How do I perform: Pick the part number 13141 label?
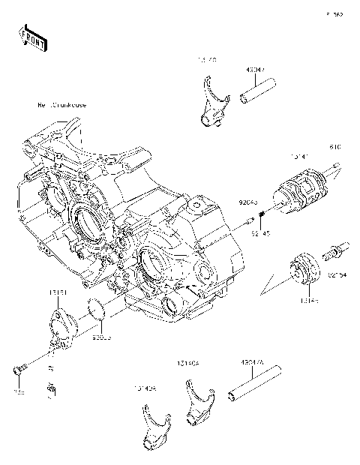[x=299, y=157]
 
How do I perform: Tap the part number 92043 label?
[x=248, y=202]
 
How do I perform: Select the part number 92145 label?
[x=260, y=234]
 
